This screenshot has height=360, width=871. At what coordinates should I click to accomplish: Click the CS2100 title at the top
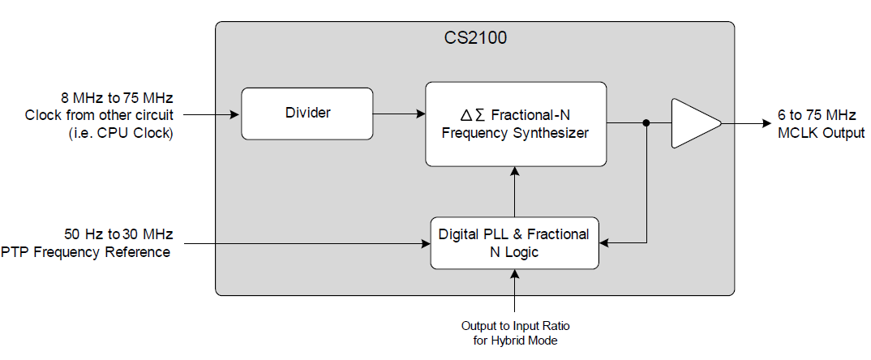(x=475, y=39)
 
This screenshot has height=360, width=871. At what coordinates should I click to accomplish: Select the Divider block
(x=307, y=114)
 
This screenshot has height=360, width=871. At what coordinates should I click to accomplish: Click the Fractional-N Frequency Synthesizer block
(x=516, y=124)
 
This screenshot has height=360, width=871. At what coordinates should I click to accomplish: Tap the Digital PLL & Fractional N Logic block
(x=514, y=243)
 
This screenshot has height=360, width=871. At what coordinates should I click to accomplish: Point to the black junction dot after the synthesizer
(x=646, y=124)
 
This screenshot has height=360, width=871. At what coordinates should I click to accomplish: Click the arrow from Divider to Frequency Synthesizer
(x=399, y=114)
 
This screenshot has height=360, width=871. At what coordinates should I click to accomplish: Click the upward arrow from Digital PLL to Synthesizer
(x=514, y=191)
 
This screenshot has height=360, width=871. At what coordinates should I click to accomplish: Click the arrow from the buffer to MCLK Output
(x=746, y=124)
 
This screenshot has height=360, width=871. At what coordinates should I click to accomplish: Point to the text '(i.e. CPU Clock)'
(x=122, y=132)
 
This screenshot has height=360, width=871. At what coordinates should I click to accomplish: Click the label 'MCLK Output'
(x=820, y=132)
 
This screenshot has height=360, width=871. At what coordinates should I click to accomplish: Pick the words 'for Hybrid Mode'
(x=515, y=341)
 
